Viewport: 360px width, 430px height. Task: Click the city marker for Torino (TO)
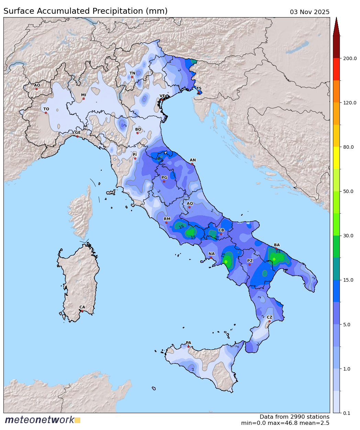[x=46, y=113]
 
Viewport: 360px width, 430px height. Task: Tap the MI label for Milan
[x=83, y=95]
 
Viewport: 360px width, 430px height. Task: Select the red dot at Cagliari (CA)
[x=82, y=311]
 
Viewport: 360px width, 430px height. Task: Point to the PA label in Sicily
[x=188, y=343]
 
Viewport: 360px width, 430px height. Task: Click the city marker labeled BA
[x=276, y=249]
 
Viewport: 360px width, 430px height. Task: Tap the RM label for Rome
[x=167, y=219]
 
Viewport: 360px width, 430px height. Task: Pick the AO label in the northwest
[x=37, y=85]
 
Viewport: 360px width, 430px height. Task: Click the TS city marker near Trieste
[x=199, y=92]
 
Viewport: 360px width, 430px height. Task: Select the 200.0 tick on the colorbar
[x=350, y=58]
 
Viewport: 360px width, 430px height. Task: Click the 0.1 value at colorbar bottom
[x=347, y=413]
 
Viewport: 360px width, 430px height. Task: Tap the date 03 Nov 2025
[x=310, y=12]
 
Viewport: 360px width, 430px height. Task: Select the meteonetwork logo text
[x=39, y=420]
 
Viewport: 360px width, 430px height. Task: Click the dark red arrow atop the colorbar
[x=336, y=27]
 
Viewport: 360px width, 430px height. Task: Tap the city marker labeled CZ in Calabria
[x=269, y=321]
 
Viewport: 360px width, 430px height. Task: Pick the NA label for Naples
[x=211, y=254]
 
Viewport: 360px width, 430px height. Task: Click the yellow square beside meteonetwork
[x=78, y=420]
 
